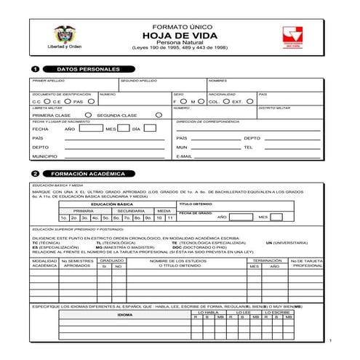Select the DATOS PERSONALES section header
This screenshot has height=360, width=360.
tap(87, 68)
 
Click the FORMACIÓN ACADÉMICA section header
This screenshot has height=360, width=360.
tap(89, 175)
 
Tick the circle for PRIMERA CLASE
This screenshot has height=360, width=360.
tap(88, 115)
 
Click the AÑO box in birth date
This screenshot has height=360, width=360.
tap(90, 128)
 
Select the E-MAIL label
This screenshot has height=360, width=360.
tap(184, 156)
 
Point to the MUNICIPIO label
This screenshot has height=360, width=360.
tap(44, 156)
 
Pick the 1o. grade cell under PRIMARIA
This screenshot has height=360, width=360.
tap(64, 217)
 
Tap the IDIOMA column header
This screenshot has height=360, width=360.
tap(124, 315)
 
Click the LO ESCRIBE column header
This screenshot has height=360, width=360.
tap(279, 312)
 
